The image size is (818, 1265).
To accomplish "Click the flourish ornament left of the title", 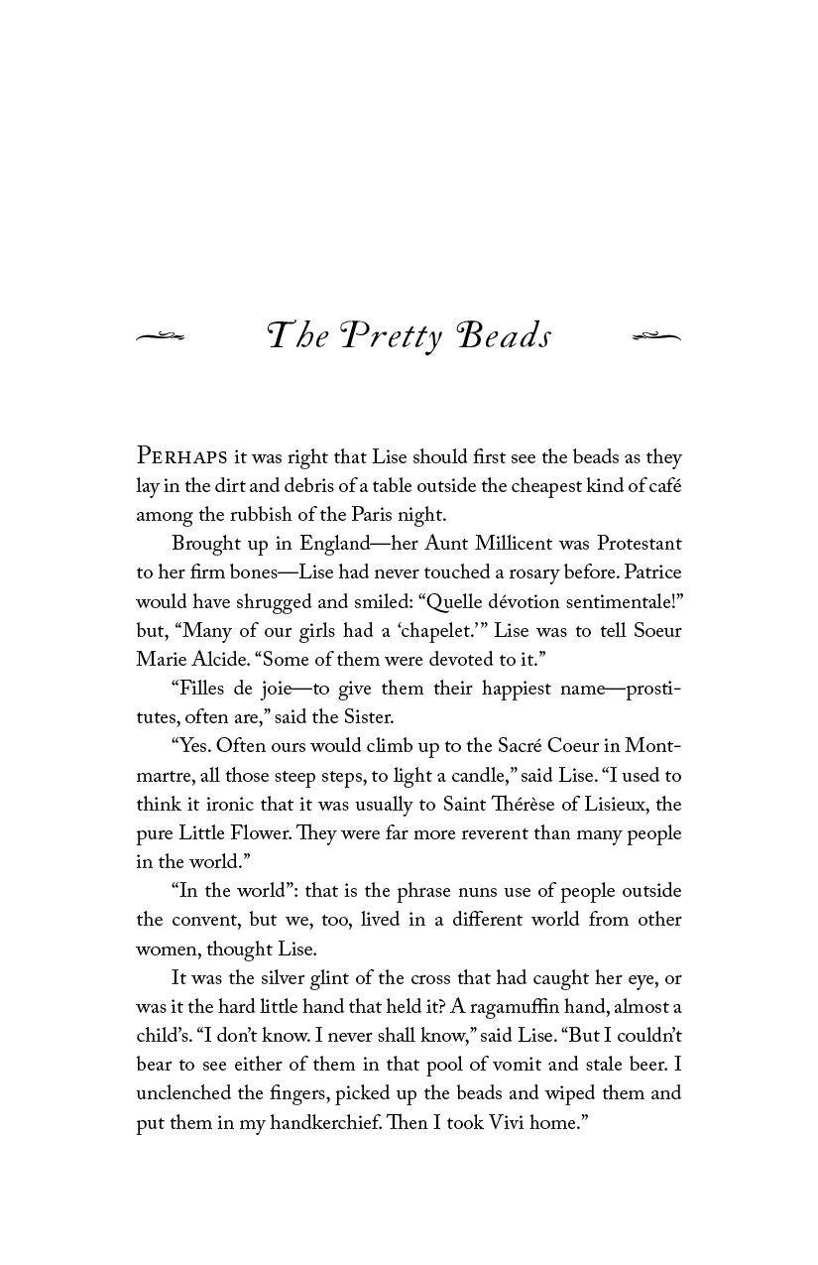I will [x=161, y=337].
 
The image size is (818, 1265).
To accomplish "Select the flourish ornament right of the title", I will [x=656, y=337].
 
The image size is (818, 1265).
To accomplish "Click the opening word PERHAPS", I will [x=182, y=457].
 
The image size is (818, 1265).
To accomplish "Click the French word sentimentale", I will [x=612, y=601].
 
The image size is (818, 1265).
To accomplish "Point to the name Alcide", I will [x=225, y=660].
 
